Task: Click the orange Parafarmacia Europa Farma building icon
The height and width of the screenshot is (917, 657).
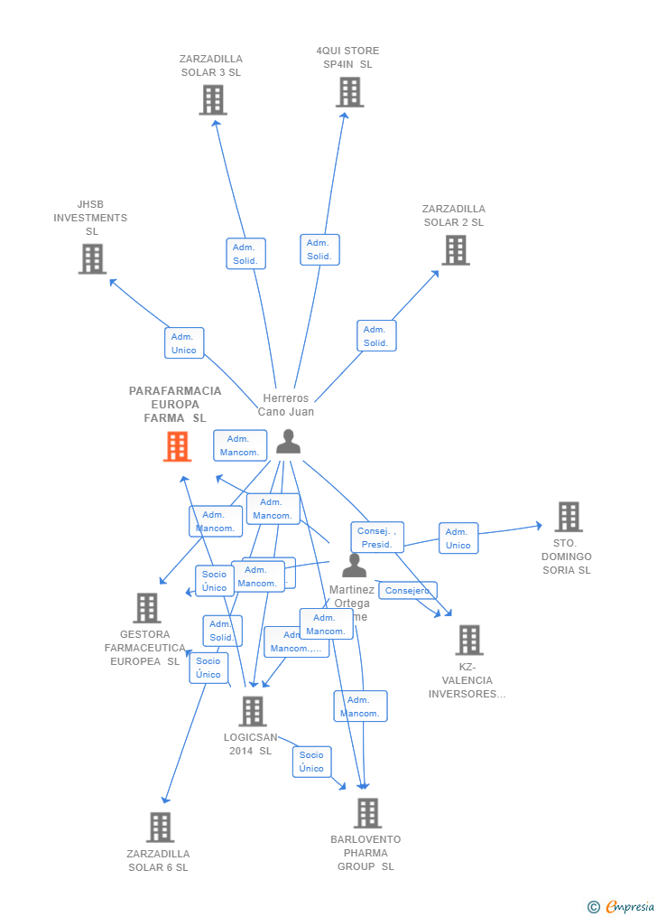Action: pos(178,446)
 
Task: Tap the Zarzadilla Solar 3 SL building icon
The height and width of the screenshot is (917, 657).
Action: pos(213,100)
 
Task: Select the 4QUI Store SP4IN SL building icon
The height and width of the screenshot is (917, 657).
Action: pos(350,92)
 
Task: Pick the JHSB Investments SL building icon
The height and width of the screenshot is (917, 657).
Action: pos(92,259)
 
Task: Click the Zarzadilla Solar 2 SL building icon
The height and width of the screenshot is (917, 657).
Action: pos(456,250)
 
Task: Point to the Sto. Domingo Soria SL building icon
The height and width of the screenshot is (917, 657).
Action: pos(569,517)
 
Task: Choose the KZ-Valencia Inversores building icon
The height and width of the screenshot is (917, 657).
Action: pos(469,640)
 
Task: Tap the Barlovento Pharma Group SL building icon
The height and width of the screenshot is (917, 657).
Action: pos(367,813)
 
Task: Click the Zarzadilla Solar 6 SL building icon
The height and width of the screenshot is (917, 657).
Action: pos(160,827)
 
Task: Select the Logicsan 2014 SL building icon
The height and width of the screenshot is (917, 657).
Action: pos(253,711)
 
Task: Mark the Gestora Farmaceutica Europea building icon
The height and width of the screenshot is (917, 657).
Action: pos(147,608)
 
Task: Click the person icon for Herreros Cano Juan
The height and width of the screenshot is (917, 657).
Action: pos(288,441)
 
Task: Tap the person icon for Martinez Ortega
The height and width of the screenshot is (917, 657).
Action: pos(355,566)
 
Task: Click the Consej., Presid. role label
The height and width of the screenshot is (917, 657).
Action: pos(377,538)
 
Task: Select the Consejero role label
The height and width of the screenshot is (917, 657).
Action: pos(408,591)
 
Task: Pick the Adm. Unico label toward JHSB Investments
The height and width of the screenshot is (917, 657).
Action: pos(184,343)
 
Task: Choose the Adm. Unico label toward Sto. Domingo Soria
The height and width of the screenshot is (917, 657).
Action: pos(458,538)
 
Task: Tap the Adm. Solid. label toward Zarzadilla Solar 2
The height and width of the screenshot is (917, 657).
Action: pos(376,336)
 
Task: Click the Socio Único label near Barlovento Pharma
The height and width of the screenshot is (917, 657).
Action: pos(311,762)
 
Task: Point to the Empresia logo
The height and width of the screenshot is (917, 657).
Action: pos(623,906)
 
